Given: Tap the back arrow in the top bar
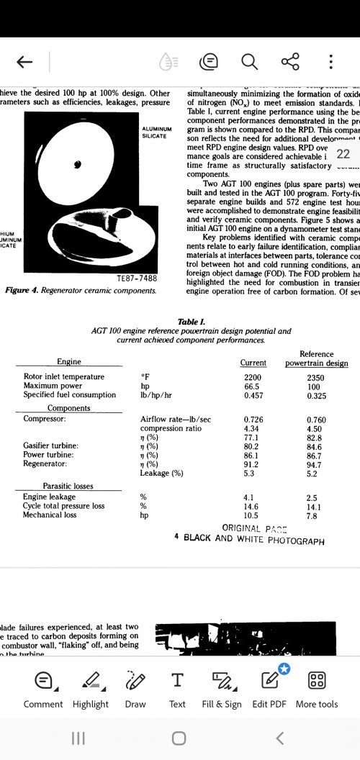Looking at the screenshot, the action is [x=24, y=62].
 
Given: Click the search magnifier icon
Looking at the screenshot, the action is [x=249, y=62].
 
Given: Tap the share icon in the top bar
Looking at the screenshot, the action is [x=290, y=62].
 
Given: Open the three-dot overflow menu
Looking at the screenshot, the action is [x=330, y=62].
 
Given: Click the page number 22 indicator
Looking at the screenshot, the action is [x=343, y=154].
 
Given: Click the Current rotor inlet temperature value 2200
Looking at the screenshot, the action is [x=253, y=376].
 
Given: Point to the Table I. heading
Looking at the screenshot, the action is [x=192, y=322].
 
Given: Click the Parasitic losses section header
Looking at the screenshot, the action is [x=68, y=486].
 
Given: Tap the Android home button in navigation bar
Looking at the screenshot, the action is [x=179, y=738].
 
